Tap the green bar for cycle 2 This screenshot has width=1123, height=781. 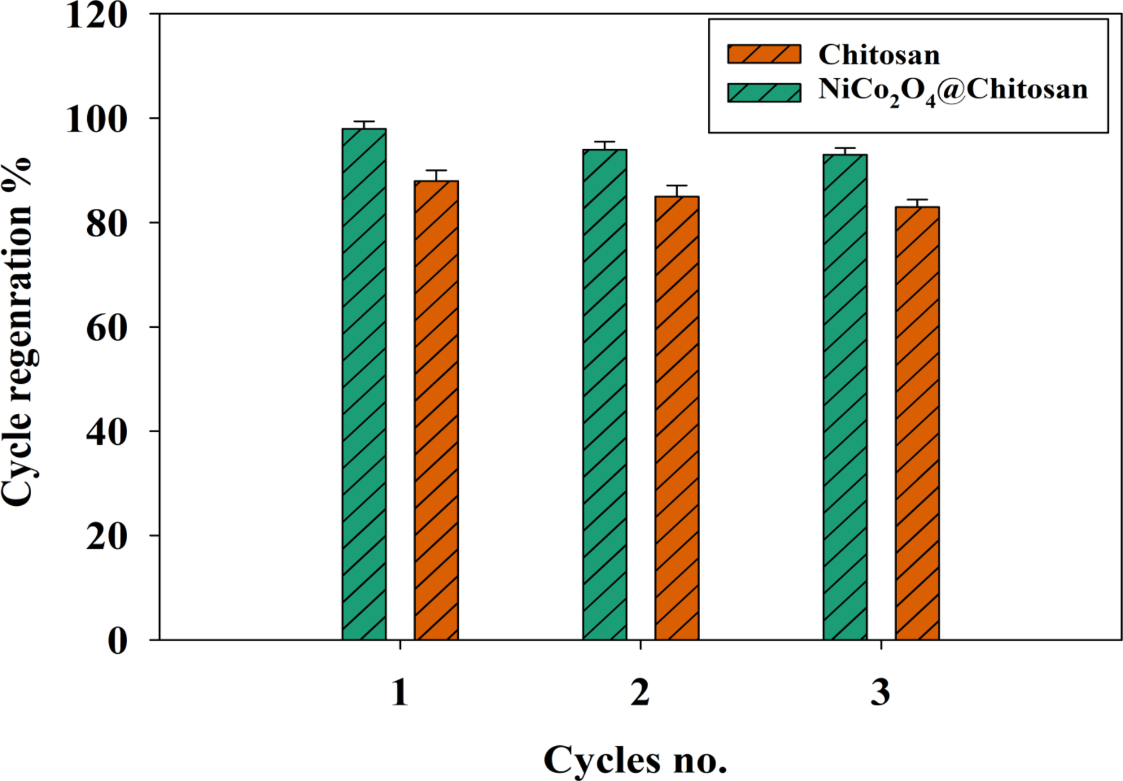tap(605, 394)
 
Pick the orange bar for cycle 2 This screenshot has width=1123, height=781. tap(677, 418)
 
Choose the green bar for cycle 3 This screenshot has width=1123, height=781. tap(845, 397)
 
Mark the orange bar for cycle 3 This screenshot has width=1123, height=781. tap(917, 423)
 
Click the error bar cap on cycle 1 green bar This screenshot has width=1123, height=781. tap(364, 122)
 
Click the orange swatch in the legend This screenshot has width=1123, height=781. tap(764, 54)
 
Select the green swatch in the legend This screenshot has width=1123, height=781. tap(764, 93)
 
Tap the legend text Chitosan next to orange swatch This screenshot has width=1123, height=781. tap(879, 55)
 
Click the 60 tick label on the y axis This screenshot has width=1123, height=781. tap(107, 328)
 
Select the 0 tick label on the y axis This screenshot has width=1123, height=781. tap(118, 641)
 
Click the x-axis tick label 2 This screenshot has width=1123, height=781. tap(640, 693)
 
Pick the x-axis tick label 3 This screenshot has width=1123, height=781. tap(880, 693)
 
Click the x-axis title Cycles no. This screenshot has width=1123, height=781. tap(635, 760)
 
